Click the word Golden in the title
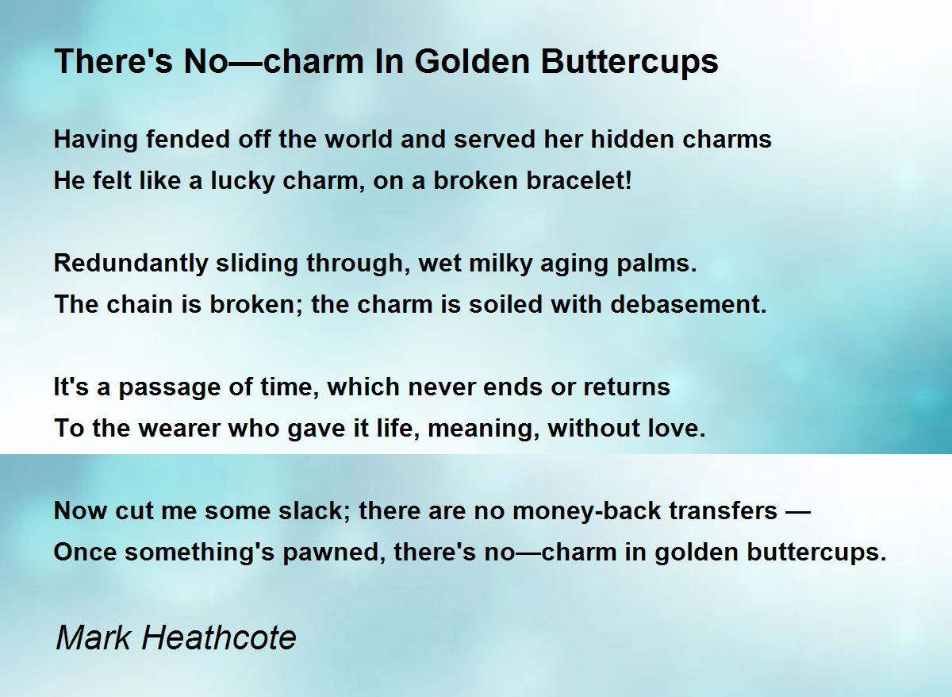tap(472, 61)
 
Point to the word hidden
tap(632, 139)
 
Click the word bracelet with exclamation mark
tap(579, 180)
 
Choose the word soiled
tap(505, 305)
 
